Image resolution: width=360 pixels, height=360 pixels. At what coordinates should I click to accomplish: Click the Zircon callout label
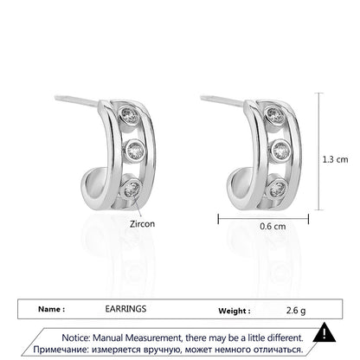tap(142, 224)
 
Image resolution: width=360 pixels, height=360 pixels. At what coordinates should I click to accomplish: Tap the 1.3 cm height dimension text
tap(335, 159)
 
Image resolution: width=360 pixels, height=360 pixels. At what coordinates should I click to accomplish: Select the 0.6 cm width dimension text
tap(273, 226)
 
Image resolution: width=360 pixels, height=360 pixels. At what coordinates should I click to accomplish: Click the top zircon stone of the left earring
tap(130, 115)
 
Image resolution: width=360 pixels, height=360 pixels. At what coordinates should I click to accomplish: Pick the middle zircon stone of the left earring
tap(135, 150)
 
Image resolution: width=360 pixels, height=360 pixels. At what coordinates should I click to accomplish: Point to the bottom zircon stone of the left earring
tap(132, 188)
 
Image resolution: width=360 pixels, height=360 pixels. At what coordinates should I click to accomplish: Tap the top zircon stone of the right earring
tap(275, 115)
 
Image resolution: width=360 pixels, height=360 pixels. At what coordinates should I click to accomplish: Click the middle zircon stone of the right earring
tap(280, 150)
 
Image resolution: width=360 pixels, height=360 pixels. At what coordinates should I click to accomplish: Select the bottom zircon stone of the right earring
tap(278, 188)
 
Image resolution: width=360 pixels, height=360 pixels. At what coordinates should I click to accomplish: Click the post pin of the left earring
tap(77, 100)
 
